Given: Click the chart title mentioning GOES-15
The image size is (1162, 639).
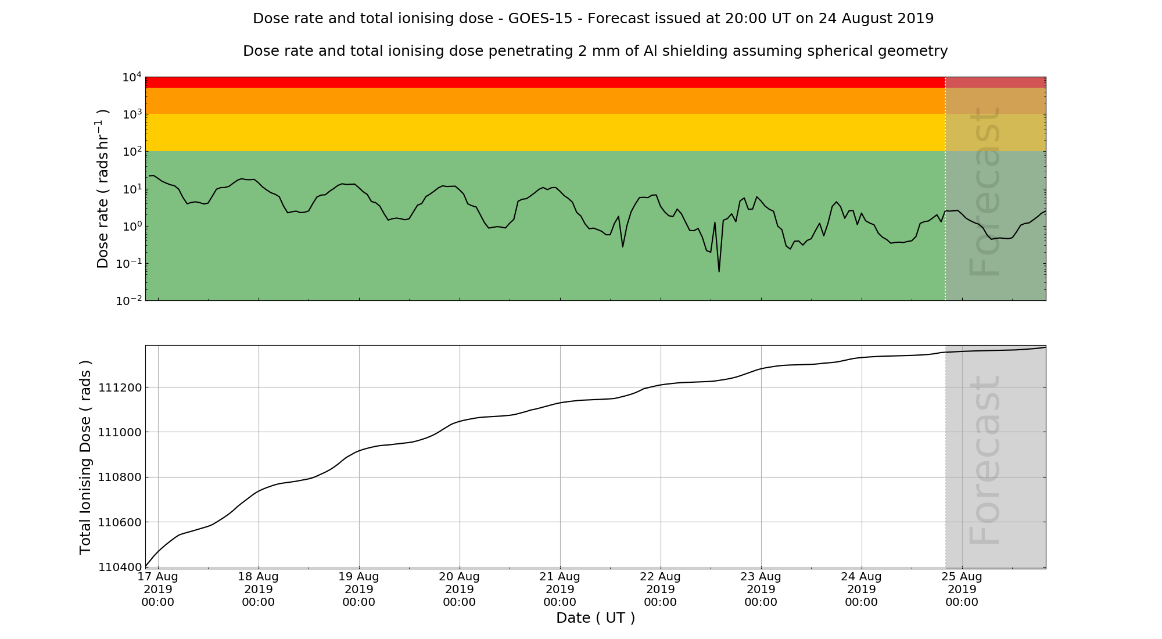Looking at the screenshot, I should coord(593,19).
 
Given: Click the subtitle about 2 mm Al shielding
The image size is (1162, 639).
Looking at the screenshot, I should coord(595,51).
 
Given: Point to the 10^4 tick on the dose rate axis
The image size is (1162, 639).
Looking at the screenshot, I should coord(132,77).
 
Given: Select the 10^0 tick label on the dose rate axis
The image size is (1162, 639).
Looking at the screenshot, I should coord(131,227).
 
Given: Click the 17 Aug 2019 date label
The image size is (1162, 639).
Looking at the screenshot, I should coord(158,589).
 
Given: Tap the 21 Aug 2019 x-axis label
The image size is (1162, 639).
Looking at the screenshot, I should coord(560,589).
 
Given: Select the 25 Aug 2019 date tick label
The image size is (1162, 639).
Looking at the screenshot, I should coord(962,589).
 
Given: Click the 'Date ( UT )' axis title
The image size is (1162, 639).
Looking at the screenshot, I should coord(595,618).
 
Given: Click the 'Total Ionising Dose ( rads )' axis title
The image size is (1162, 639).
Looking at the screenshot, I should coord(85,457).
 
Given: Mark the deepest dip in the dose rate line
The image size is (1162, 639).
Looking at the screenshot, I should coord(719,271).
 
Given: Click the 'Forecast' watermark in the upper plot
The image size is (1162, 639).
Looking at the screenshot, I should coord(985,192).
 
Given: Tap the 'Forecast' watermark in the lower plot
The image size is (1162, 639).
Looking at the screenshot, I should coord(985,460).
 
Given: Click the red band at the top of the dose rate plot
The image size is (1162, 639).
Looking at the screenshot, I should coord(545,82).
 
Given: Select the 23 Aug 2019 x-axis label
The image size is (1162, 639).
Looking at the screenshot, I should coord(761,589).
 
